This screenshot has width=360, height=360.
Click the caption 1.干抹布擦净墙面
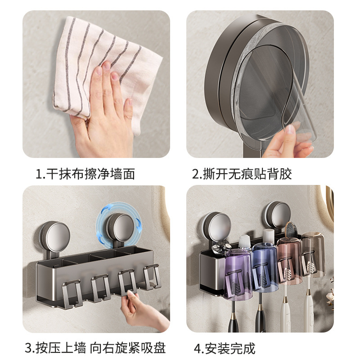coord(85,174)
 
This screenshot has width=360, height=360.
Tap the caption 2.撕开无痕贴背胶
coord(242,174)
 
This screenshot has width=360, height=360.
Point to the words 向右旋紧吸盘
coord(128,347)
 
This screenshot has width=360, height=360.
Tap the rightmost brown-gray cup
coord(311,254)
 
